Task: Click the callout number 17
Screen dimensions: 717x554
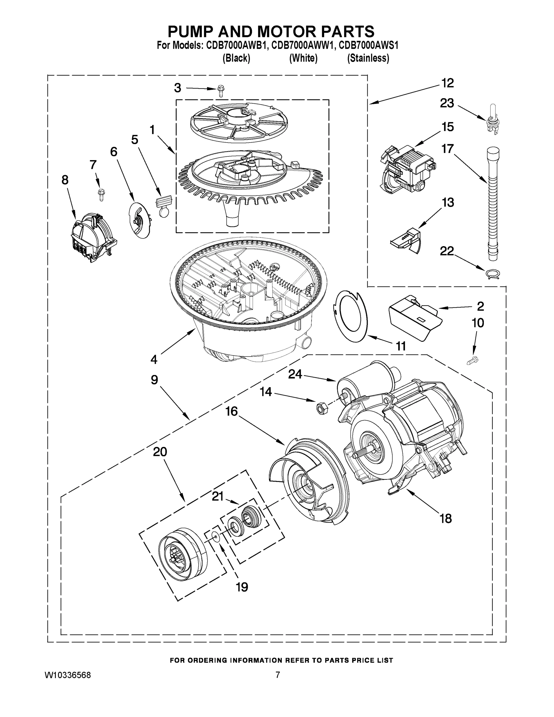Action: (x=447, y=149)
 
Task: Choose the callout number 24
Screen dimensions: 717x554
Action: (x=295, y=374)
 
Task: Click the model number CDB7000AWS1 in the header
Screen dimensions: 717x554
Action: (x=369, y=45)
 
